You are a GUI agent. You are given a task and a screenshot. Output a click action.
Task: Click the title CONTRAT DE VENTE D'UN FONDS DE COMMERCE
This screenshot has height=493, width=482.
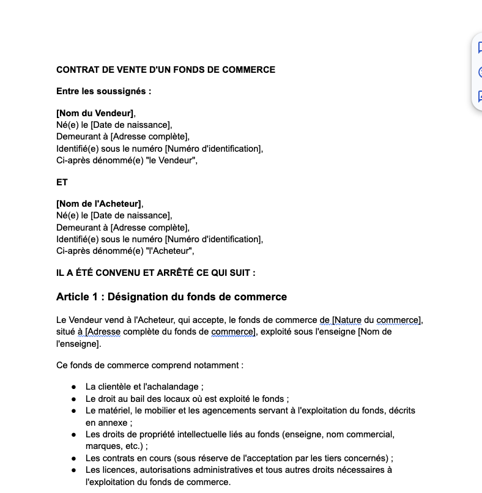pos(166,70)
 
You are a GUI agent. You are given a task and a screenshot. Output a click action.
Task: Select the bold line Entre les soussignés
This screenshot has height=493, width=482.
pos(103,92)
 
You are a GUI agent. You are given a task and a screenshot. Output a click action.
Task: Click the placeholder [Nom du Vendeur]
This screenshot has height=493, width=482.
pos(95,113)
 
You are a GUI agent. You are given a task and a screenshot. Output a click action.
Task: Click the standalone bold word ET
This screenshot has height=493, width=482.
pos(62,182)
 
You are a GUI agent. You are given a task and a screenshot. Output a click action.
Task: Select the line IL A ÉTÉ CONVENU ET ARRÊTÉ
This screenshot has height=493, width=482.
pos(156,273)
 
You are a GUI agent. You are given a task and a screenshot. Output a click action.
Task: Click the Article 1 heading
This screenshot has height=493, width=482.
pos(171,297)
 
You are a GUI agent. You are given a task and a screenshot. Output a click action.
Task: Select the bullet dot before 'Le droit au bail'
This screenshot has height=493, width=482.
pos(73,399)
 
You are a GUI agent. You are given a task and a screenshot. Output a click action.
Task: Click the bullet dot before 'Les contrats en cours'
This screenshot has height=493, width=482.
pos(73,458)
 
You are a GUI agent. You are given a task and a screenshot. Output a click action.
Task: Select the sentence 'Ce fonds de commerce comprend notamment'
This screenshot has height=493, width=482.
pos(150,366)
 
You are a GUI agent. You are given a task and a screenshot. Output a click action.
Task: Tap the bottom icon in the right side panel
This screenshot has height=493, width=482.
pos(479,97)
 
